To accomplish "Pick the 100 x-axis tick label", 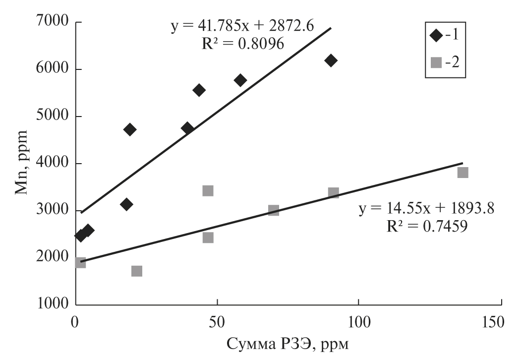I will coord(358,321).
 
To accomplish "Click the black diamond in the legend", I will coord(437,36).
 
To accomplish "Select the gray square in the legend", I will coord(437,62).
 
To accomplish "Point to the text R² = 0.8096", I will coord(242,44).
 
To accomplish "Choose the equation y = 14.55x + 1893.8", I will coord(426,209).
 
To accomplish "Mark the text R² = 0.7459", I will coord(426,227).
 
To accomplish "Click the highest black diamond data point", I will coord(331,60).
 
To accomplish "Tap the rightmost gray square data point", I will coord(463,173).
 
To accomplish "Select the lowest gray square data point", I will coord(137,271).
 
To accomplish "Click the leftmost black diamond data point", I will coord(80,236).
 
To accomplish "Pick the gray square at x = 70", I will coord(273,210).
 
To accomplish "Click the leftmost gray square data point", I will coord(80,263).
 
